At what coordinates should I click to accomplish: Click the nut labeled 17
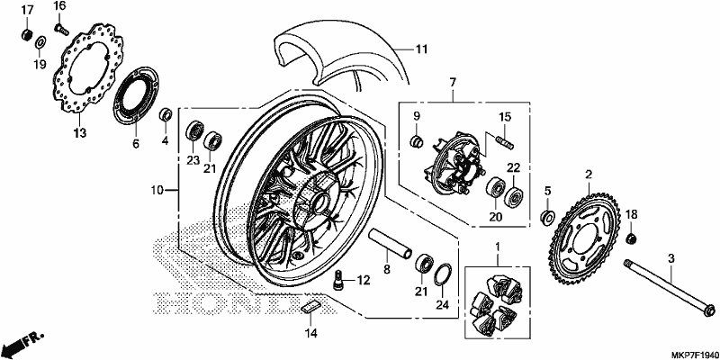tap(27, 34)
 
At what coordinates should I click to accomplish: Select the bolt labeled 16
tap(61, 30)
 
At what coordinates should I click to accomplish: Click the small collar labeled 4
tap(166, 114)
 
